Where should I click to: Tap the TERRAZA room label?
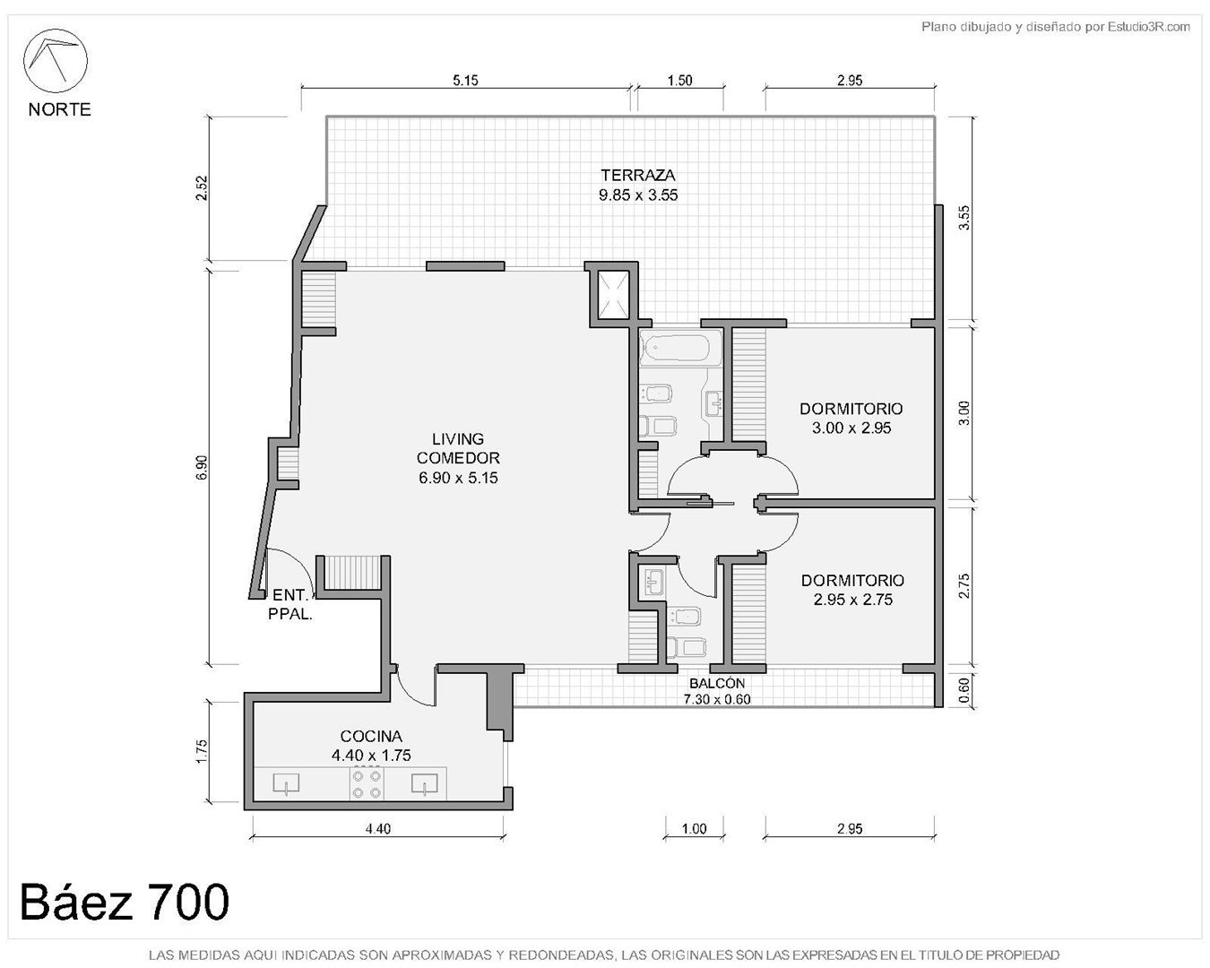637,175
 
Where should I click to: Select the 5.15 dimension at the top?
465,81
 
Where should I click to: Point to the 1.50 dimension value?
679,81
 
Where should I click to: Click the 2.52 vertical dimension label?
202,188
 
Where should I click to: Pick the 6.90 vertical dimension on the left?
202,467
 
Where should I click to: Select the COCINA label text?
371,736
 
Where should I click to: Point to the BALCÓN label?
717,683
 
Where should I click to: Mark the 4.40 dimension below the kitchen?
378,828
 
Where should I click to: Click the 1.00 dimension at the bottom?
694,828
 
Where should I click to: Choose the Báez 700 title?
125,902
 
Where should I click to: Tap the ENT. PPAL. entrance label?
290,605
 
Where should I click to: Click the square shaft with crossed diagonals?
613,295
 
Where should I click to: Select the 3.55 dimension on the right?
964,218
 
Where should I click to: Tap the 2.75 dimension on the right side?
964,585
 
